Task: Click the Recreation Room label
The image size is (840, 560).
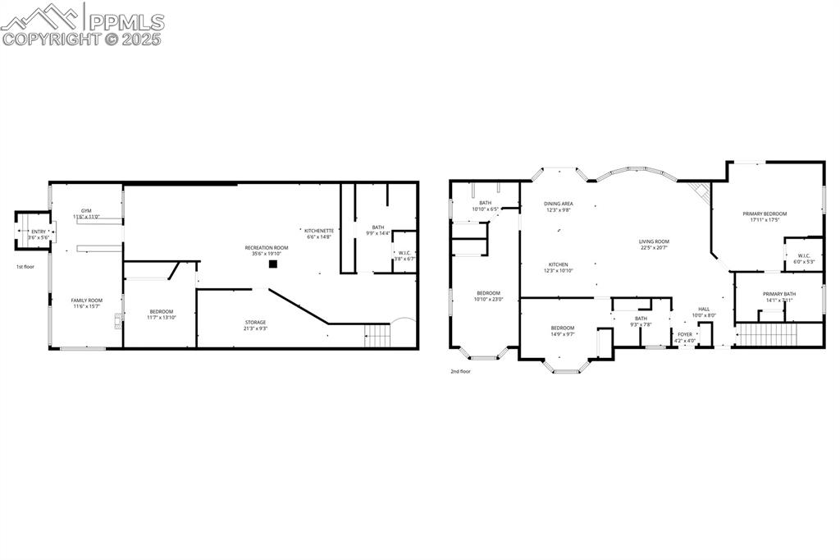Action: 267,247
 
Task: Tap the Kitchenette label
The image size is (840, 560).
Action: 320,231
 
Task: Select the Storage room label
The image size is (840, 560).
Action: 255,322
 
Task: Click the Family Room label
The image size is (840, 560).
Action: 86,301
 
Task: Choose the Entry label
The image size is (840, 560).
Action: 39,232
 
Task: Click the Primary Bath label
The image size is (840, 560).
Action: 778,294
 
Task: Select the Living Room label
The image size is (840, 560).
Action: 655,241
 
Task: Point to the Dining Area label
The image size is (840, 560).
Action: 558,204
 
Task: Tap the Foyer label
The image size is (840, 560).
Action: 684,334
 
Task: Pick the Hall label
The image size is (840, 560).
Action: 704,309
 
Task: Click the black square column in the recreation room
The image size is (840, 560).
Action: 272,264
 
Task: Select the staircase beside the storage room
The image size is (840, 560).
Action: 377,336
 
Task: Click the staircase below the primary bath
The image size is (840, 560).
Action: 767,335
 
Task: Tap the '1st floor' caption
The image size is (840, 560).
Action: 25,267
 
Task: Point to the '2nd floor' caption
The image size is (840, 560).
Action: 460,371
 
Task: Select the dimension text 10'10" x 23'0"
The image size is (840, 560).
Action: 488,300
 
